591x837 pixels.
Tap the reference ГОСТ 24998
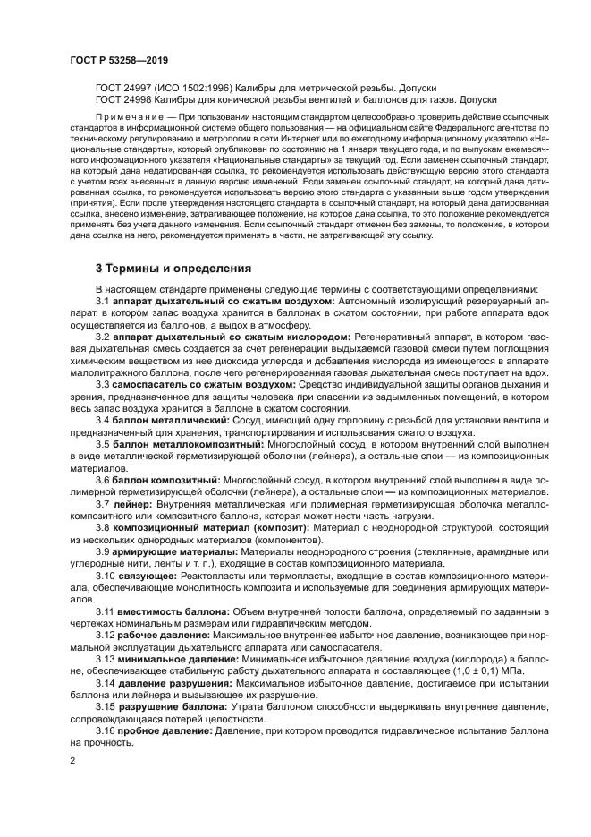coord(123,100)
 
